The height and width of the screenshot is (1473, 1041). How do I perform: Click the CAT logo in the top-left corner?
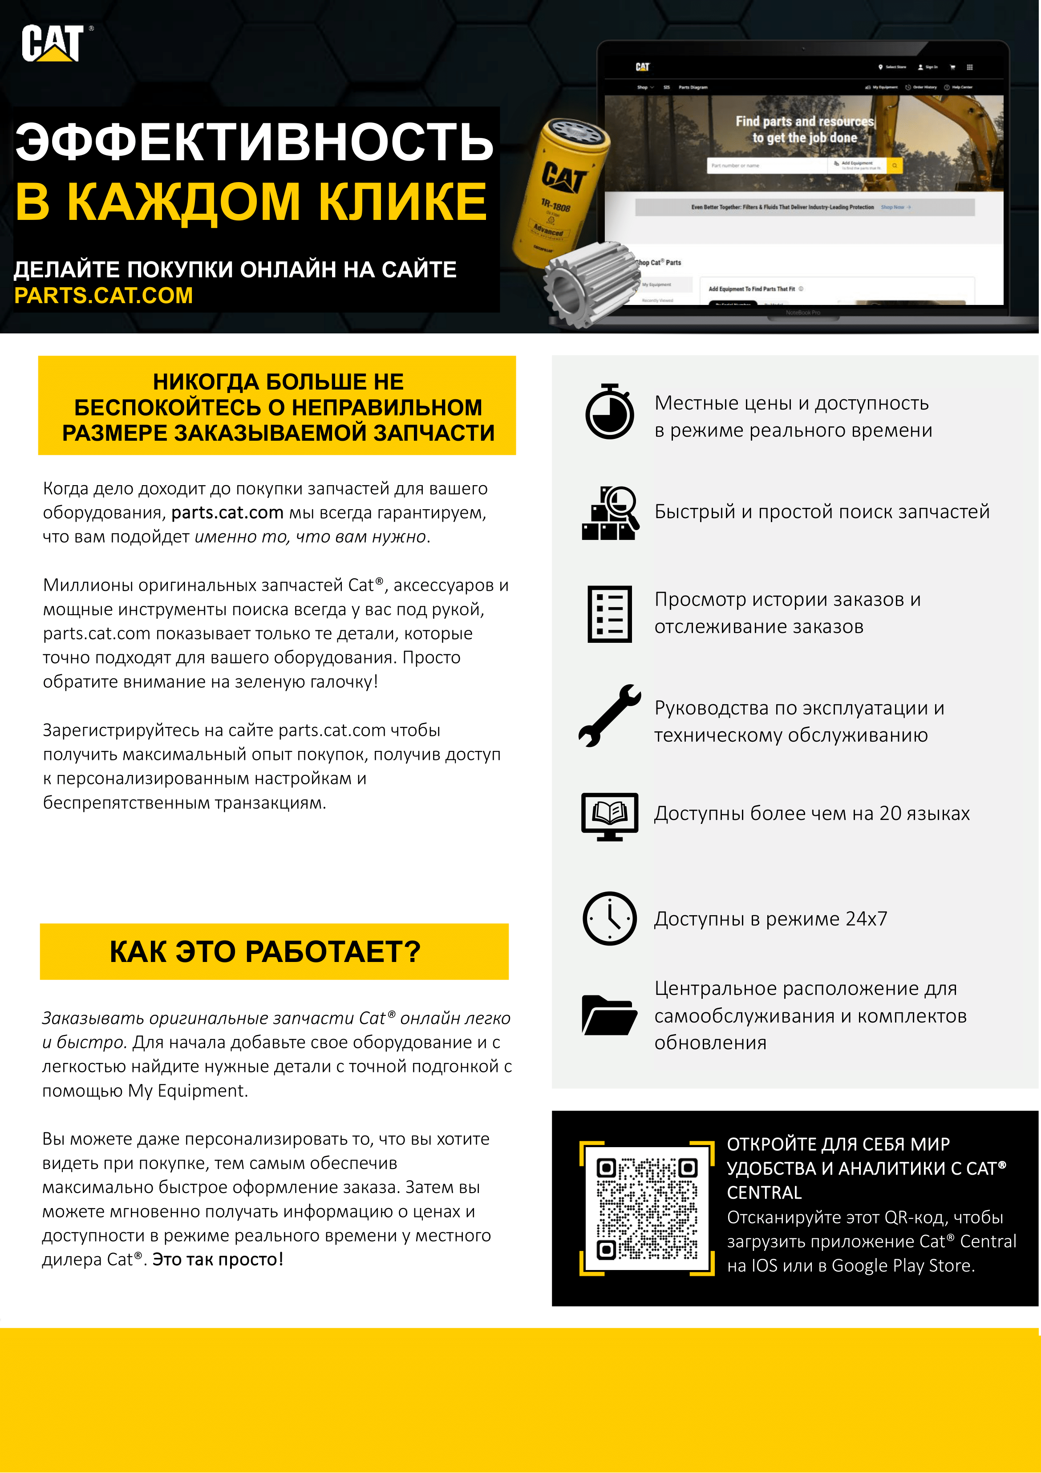tap(53, 44)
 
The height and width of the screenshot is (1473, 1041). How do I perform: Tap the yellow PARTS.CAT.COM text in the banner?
tap(103, 296)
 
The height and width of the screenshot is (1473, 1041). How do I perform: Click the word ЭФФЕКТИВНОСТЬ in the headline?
tap(254, 142)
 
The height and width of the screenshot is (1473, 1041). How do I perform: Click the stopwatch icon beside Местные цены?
tap(609, 412)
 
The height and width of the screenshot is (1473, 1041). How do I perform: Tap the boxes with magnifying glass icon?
tap(610, 513)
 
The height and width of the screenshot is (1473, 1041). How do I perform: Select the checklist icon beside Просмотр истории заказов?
tap(609, 613)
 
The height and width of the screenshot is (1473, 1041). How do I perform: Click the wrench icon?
tap(609, 715)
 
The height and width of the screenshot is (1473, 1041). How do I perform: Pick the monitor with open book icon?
tap(609, 816)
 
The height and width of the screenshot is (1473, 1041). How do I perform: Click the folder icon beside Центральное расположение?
tap(609, 1015)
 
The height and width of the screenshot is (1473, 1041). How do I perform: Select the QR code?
tap(647, 1209)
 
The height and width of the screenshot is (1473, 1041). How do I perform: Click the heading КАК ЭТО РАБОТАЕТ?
tap(265, 951)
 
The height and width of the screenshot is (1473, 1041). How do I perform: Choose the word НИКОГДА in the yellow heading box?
tap(205, 382)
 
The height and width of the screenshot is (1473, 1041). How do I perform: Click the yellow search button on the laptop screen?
tap(894, 166)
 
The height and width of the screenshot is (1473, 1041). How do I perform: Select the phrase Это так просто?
tap(218, 1259)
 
